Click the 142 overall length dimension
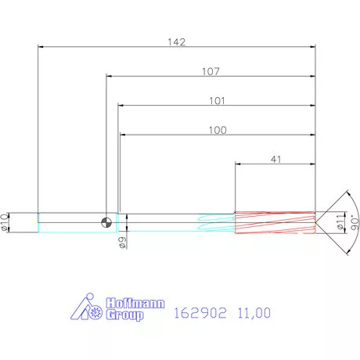[x=178, y=42]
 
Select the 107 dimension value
[x=210, y=71]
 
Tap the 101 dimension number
[x=217, y=101]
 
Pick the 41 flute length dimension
[x=275, y=159]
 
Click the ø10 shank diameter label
[x=6, y=221]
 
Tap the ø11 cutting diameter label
[x=340, y=222]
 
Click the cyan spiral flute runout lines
[x=218, y=221]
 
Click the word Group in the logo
[x=124, y=315]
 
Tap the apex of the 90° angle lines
[x=316, y=221]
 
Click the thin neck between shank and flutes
[x=157, y=221]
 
